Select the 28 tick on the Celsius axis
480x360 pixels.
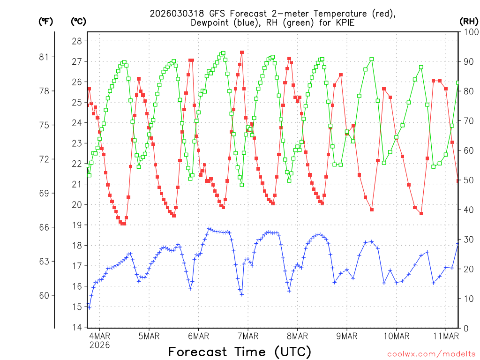coord(76,41)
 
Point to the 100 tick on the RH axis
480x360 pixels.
coord(468,32)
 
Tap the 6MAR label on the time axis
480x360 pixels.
coord(198,336)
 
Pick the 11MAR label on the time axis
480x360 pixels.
coord(445,336)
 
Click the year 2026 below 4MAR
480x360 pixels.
coord(99,345)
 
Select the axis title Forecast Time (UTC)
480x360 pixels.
coord(240,352)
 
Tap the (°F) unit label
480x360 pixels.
coord(46,22)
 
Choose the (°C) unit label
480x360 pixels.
coord(78,22)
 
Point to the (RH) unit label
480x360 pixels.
coord(468,22)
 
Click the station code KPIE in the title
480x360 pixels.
coord(345,22)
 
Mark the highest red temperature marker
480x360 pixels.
coord(242,52)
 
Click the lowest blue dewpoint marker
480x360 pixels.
coord(89,307)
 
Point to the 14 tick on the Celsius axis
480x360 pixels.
coord(76,327)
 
